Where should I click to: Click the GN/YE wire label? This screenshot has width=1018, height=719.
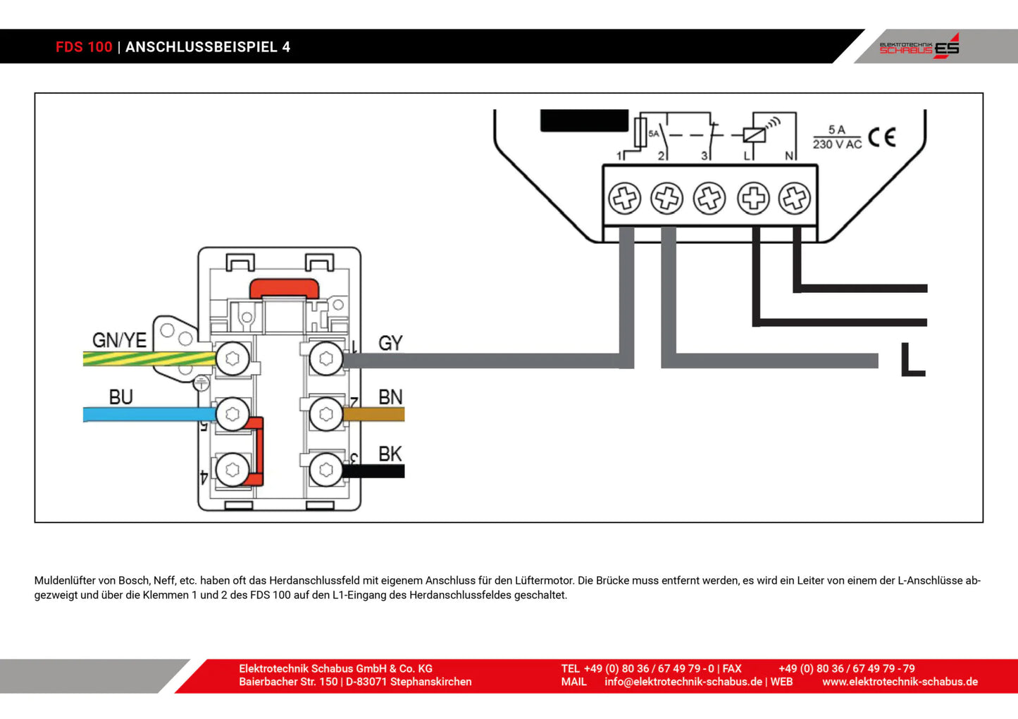click(x=119, y=340)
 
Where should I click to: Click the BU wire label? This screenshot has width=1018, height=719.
click(x=120, y=397)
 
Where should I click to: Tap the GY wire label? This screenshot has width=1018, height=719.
click(x=390, y=343)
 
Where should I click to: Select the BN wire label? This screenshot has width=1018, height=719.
click(x=390, y=397)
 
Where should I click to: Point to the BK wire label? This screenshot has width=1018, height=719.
click(x=390, y=454)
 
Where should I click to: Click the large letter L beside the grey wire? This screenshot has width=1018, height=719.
click(x=912, y=360)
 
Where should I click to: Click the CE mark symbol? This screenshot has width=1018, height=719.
click(x=881, y=137)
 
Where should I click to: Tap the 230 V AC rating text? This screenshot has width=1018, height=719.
click(x=837, y=144)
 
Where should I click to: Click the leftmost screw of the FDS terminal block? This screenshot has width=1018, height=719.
click(x=624, y=199)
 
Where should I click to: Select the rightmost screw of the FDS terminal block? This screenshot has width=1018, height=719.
click(x=795, y=199)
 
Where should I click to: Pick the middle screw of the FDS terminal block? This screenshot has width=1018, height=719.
click(x=709, y=199)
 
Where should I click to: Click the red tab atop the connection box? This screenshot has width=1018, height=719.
click(x=284, y=287)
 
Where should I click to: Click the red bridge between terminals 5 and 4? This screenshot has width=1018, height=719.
click(x=257, y=451)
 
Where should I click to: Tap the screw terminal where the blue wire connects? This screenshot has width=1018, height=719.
click(x=232, y=414)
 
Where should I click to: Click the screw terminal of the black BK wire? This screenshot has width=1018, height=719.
click(x=325, y=470)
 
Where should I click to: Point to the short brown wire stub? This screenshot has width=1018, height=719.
click(x=373, y=415)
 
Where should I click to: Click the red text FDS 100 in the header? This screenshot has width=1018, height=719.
click(x=84, y=47)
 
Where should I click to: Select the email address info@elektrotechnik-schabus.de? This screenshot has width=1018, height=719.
click(x=683, y=682)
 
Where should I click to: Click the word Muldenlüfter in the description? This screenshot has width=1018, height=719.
click(x=65, y=581)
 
